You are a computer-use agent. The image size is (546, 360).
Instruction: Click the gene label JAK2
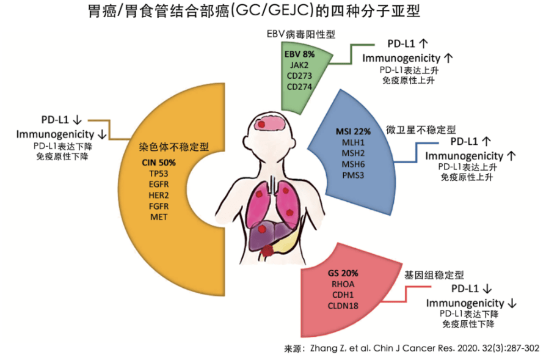(299, 65)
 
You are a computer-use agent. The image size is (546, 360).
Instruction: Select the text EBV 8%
(299, 54)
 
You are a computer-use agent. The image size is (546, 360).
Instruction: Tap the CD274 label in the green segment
(299, 86)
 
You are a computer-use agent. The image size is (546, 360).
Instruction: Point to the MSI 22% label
(354, 131)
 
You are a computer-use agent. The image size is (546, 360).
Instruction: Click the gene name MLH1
(353, 142)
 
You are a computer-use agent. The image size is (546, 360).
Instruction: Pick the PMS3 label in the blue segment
(353, 175)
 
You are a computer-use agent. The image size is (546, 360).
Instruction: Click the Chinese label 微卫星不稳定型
(421, 130)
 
